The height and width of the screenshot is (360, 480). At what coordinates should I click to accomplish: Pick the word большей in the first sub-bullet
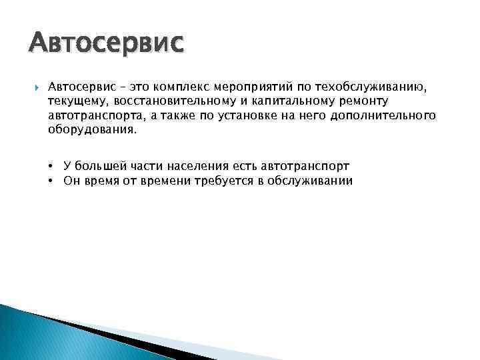(x=99, y=166)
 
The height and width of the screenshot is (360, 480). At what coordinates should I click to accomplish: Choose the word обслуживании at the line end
(x=309, y=181)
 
